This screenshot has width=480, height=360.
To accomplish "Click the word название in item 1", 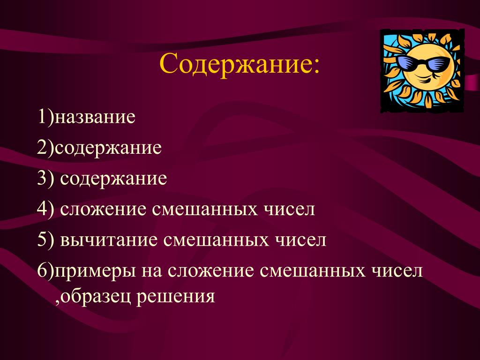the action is point(95,117).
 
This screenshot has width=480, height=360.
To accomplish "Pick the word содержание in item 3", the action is point(113,179).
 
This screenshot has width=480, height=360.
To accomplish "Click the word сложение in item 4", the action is point(103,210).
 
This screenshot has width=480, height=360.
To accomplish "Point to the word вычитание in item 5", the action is point(109,240).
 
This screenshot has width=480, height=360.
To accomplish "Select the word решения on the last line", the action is point(175,297).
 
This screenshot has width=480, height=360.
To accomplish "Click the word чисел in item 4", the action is point(289,210).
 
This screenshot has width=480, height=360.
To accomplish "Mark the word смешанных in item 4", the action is point(205,210).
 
